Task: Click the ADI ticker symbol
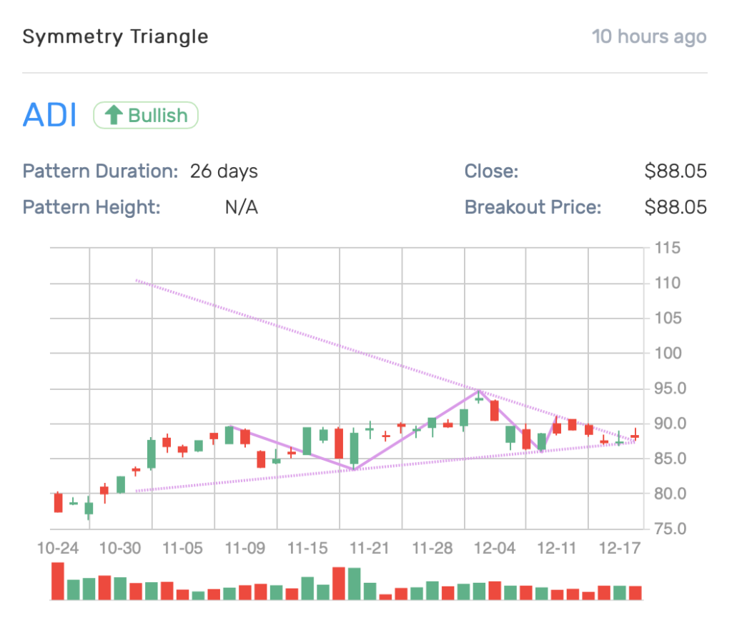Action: [49, 115]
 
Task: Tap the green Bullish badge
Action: [146, 115]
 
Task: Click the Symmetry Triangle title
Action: [115, 37]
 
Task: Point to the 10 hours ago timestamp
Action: [649, 37]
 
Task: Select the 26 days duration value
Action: [224, 171]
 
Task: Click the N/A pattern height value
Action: [241, 208]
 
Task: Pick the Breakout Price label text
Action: [533, 208]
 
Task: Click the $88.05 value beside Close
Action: [675, 171]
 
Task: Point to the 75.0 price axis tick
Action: [671, 529]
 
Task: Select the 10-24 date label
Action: [58, 549]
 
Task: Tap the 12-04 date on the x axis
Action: [495, 549]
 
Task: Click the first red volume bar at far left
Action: [58, 581]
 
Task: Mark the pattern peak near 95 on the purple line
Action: [479, 391]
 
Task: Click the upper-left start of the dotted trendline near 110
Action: [136, 281]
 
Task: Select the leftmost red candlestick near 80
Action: [58, 502]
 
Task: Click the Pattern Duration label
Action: [100, 171]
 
